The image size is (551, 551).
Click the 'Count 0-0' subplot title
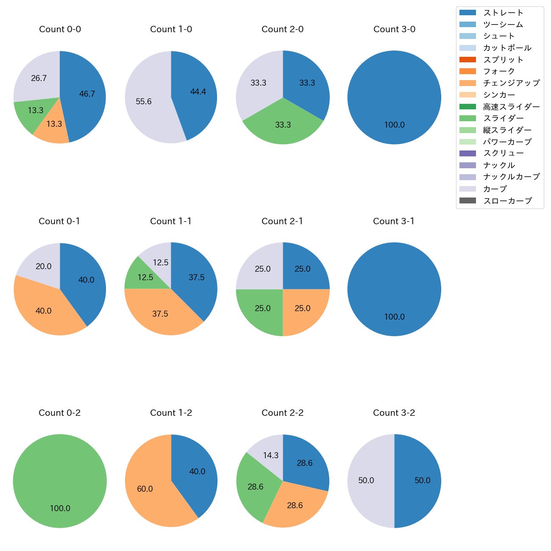(x=60, y=29)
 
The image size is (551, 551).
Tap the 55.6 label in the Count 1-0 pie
(x=144, y=102)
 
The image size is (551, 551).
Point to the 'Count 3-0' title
(x=394, y=29)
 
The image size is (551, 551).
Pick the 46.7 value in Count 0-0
(x=87, y=94)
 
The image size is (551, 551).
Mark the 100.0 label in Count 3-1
(x=394, y=317)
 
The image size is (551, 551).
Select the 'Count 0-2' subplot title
(x=59, y=413)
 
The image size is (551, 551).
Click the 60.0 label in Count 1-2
(x=145, y=489)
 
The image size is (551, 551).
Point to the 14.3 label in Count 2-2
(x=270, y=456)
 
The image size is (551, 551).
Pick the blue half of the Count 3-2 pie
(x=420, y=481)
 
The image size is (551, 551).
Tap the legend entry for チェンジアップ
(x=511, y=83)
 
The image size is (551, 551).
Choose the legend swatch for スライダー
(x=468, y=118)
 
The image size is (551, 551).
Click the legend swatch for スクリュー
(x=468, y=153)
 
